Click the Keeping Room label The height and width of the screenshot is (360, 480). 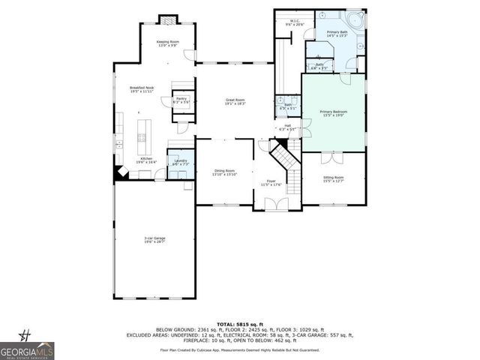(167, 43)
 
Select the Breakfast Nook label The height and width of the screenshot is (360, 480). (141, 88)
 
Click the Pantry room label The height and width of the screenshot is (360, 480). (181, 100)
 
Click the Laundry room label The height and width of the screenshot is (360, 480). (180, 162)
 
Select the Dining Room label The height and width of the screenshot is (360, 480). (224, 172)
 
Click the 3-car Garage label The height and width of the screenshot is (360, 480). (155, 241)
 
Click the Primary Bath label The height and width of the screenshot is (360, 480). (336, 34)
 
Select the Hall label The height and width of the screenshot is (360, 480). (287, 127)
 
